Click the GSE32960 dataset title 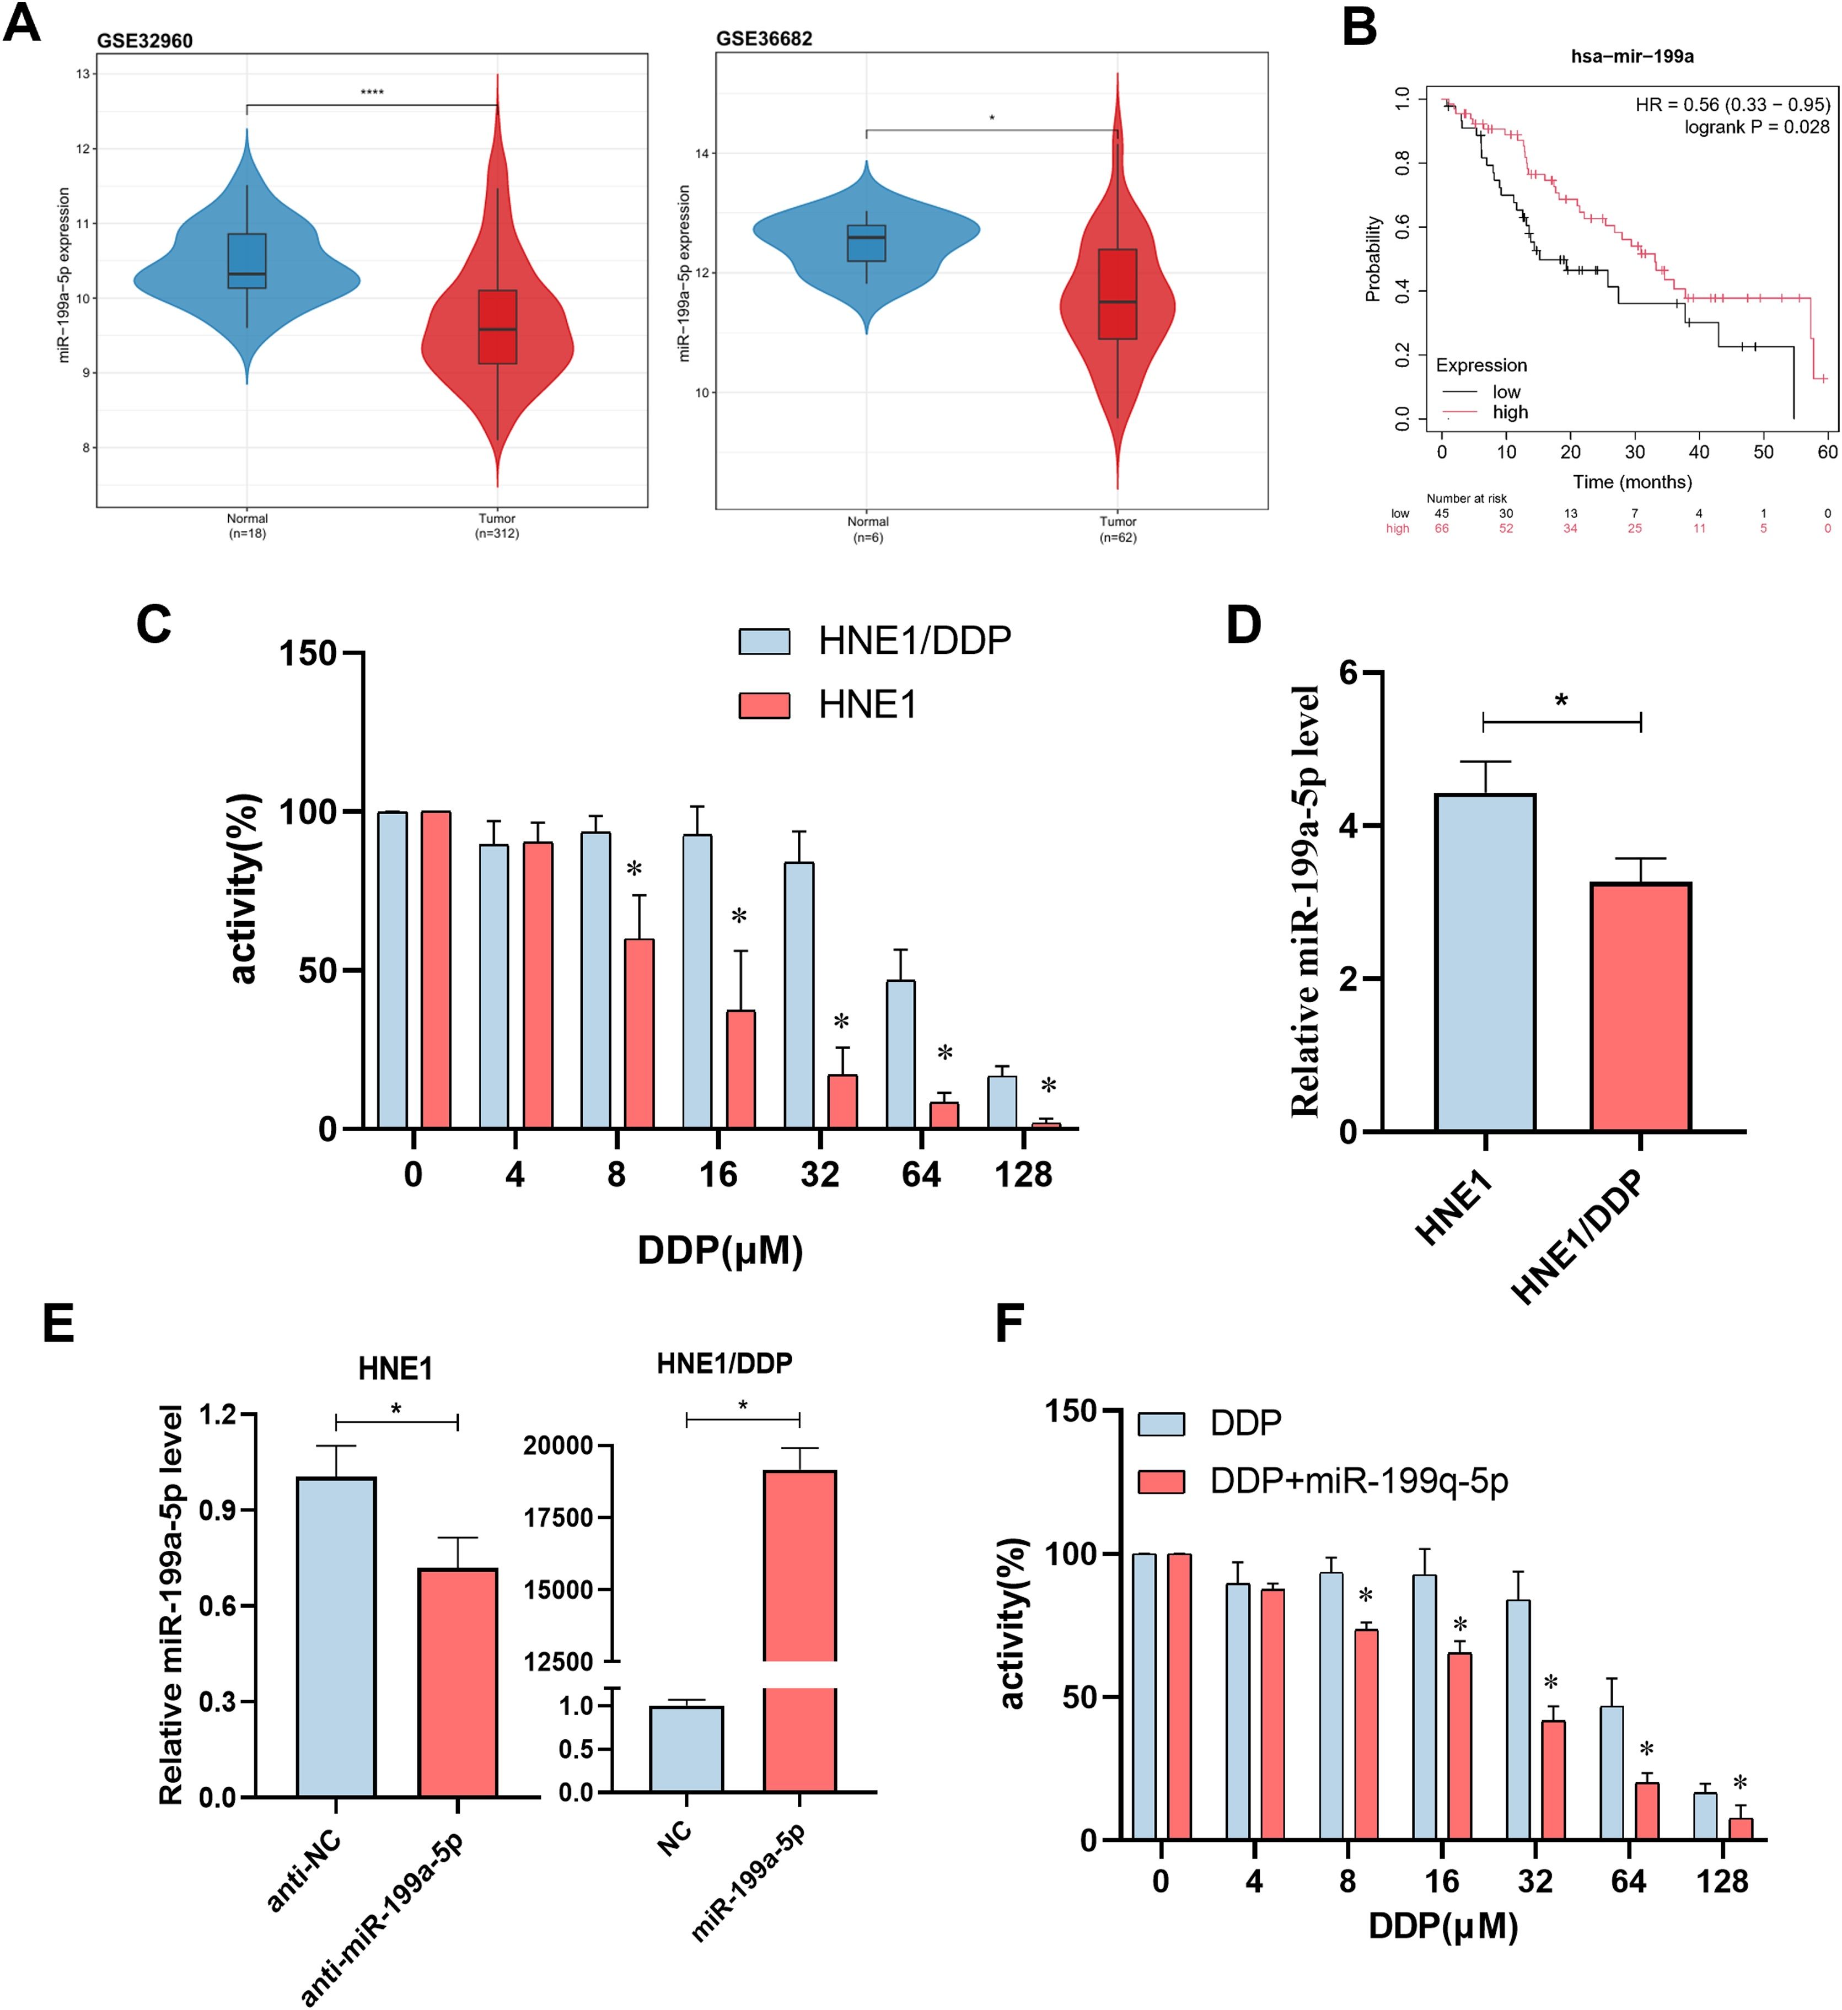click(x=144, y=41)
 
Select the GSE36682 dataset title click(x=764, y=39)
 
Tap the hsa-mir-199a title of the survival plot click(x=1631, y=56)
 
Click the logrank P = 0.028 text click(x=1757, y=127)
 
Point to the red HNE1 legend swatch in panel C click(x=764, y=705)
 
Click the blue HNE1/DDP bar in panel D click(x=1485, y=962)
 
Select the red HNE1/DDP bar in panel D click(x=1641, y=1007)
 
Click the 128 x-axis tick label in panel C click(x=1023, y=1174)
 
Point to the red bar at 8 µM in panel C click(x=638, y=1034)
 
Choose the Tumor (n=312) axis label click(x=497, y=525)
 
